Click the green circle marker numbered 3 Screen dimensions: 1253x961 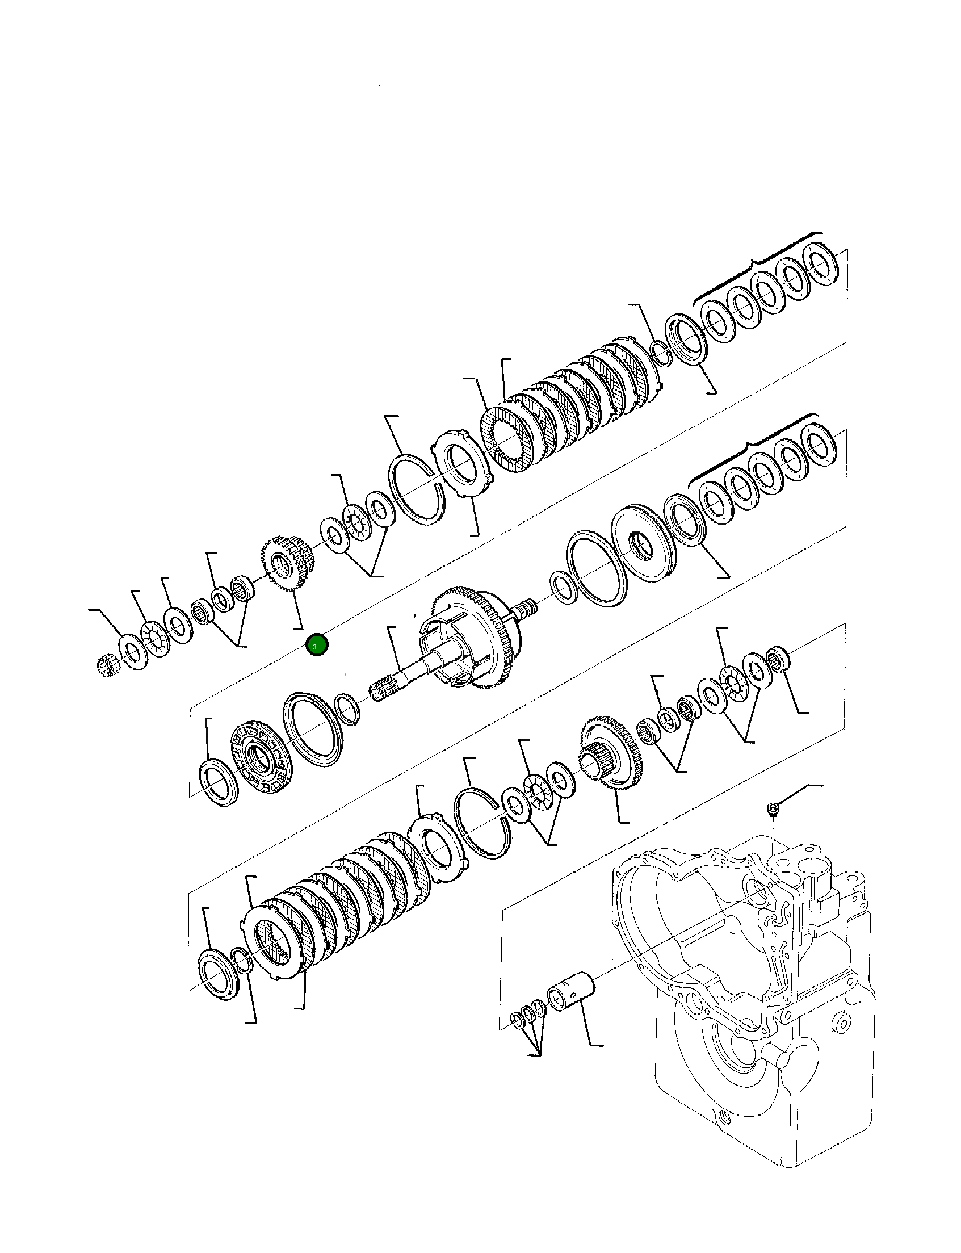click(x=316, y=646)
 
